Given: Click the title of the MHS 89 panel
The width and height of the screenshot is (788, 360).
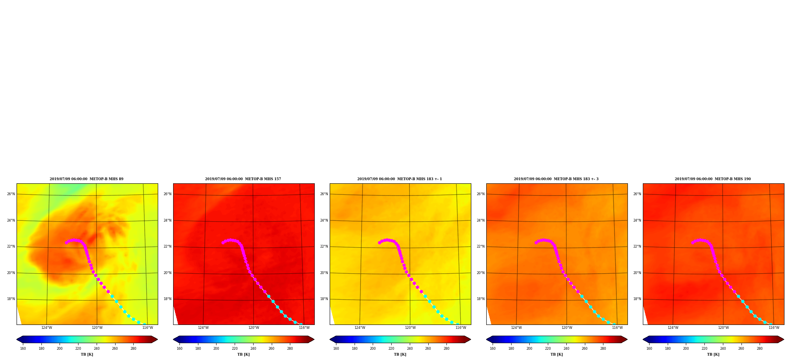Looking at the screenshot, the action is click(86, 179).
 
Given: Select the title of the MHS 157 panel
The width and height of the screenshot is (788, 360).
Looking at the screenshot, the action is click(243, 179).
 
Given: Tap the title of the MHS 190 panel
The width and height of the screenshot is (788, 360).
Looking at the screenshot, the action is click(713, 179).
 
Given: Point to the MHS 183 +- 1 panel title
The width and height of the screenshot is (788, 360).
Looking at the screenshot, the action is click(400, 179).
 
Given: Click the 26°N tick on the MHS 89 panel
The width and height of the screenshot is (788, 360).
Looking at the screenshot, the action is click(11, 194).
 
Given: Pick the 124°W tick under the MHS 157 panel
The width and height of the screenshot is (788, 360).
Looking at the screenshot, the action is click(203, 328).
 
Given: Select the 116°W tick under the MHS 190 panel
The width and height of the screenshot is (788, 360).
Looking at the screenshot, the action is click(774, 328).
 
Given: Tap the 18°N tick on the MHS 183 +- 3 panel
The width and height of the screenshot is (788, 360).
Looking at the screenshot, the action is click(480, 299).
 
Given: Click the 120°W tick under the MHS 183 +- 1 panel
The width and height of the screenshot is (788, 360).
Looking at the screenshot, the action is click(410, 328).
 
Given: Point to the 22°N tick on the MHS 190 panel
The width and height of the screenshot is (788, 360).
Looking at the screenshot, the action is click(637, 246).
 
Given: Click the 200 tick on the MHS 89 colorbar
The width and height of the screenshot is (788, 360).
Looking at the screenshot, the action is click(60, 349).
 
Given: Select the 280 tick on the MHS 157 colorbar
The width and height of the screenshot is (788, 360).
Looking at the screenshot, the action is click(290, 349).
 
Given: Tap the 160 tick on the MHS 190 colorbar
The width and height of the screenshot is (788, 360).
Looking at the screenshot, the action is click(649, 349).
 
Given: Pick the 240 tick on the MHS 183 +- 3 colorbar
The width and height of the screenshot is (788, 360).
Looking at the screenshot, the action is click(566, 349).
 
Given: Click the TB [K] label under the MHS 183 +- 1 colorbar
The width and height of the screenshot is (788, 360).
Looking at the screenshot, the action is click(400, 354).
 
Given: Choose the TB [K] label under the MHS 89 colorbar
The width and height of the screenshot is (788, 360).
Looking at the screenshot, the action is click(87, 354).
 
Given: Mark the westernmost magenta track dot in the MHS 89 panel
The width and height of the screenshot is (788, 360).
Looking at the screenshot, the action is click(66, 242).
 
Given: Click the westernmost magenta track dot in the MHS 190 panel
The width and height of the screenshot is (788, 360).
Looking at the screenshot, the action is click(693, 242).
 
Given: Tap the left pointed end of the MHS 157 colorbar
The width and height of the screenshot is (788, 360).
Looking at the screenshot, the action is click(174, 339).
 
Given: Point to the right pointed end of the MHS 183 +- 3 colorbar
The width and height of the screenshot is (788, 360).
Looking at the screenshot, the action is click(627, 339).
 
